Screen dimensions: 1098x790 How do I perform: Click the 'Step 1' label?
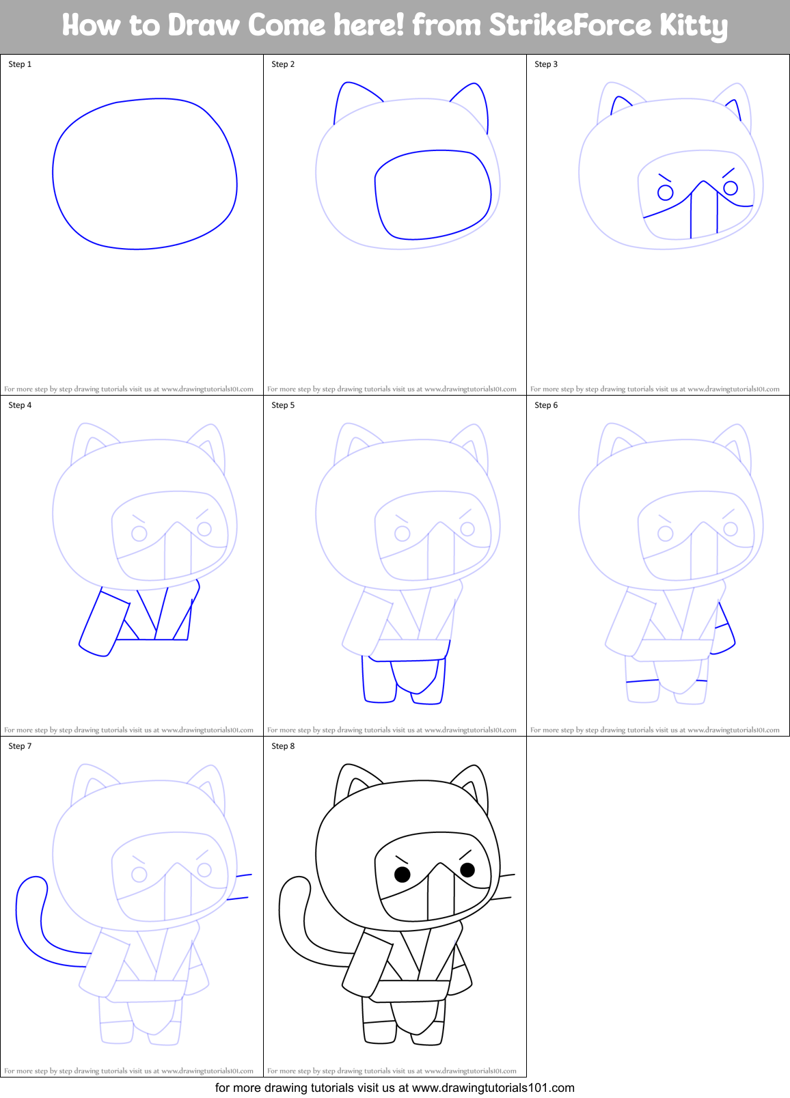pos(20,64)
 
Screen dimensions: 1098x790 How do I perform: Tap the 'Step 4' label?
pos(20,405)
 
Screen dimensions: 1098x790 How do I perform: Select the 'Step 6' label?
pos(546,405)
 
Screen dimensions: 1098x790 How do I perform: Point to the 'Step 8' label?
pos(283,746)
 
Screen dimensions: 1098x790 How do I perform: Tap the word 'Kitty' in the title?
pos(693,26)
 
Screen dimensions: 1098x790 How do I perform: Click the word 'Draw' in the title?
pos(204,26)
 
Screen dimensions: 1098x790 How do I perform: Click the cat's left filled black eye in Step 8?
pos(403,874)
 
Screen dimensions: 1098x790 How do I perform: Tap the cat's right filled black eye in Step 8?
pos(467,870)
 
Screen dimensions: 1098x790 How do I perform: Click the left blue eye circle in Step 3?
pos(665,193)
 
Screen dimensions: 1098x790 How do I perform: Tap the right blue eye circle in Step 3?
pos(731,188)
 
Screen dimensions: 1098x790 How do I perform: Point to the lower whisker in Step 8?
pos(500,898)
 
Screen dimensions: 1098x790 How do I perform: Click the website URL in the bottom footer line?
pos(493,1088)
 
